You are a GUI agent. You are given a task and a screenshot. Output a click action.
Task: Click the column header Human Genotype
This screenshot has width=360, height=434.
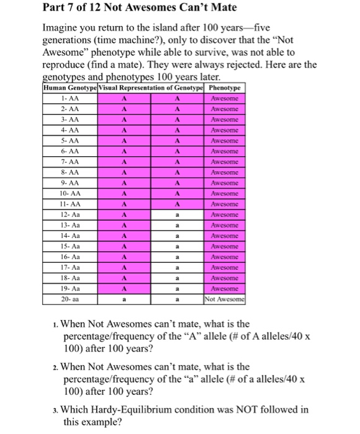67,88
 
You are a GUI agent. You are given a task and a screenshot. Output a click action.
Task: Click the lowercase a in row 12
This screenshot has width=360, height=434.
177,214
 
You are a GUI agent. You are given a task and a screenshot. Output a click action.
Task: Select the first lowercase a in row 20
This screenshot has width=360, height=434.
124,298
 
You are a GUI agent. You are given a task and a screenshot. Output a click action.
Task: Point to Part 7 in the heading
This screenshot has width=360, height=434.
60,7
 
